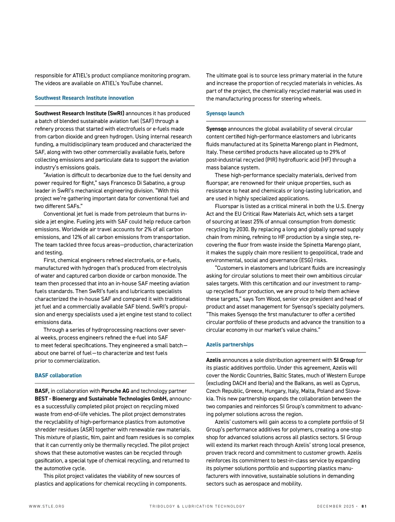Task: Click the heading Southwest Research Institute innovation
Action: click(84, 98)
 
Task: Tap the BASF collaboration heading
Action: click(58, 375)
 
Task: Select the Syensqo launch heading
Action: click(225, 113)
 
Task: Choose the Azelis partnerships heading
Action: click(230, 344)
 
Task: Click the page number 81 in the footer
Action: click(364, 506)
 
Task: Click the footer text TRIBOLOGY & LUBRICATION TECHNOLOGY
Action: click(197, 506)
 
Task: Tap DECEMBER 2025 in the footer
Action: click(335, 506)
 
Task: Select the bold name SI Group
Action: click(344, 360)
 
